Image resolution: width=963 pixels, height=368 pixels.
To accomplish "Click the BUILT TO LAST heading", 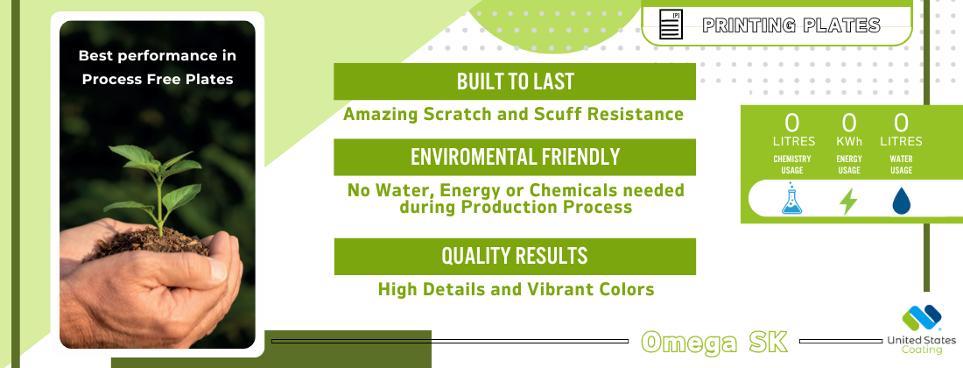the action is coord(515,81).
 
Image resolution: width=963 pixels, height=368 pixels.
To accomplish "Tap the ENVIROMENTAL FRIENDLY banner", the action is coord(515,157).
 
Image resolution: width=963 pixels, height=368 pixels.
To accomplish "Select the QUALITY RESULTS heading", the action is coord(515,256).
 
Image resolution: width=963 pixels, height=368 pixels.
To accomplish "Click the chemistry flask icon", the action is coord(791,198).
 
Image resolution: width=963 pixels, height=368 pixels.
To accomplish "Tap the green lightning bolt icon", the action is coord(848,202).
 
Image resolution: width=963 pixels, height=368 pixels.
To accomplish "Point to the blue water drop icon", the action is coord(901,201).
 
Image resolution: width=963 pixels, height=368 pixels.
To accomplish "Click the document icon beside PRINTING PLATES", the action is coord(671,25).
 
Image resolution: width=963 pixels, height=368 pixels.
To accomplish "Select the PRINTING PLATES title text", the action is coord(791,25).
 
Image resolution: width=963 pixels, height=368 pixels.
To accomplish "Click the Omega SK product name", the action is coord(714,343).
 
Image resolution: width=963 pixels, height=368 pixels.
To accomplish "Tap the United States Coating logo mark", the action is coord(922,319).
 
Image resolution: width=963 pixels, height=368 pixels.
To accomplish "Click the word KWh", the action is coord(849,142).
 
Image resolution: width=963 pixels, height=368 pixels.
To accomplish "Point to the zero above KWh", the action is coord(849,123).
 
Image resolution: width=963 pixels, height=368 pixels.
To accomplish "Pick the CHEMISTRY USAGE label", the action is coord(791,165).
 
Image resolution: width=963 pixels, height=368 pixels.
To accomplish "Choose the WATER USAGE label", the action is coord(901,165).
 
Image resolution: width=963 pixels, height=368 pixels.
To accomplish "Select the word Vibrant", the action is coord(566,289).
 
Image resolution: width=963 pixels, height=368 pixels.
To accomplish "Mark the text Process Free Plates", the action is coord(158,79).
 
